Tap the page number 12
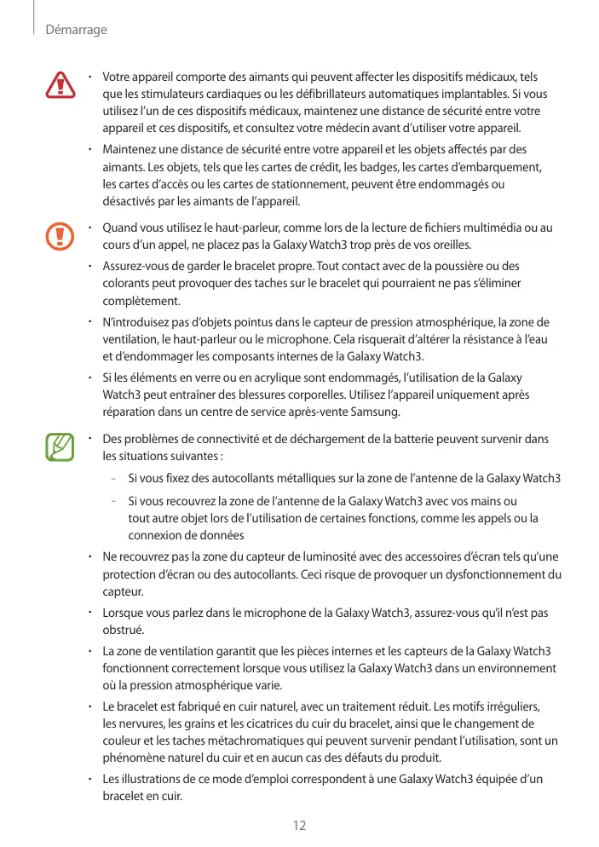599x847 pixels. click(299, 825)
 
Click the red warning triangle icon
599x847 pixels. click(60, 84)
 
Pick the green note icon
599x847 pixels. click(60, 447)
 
